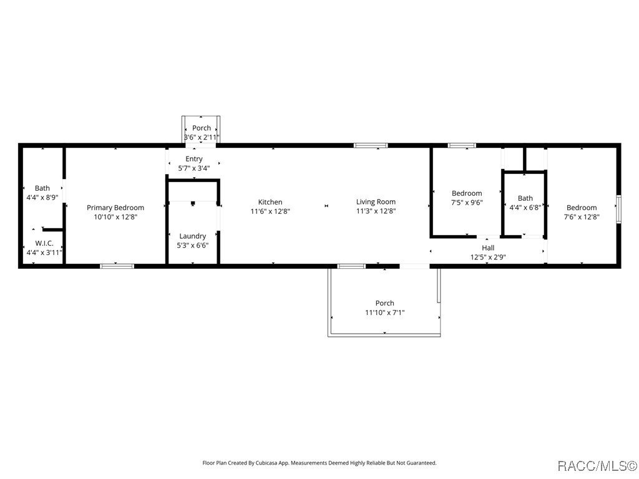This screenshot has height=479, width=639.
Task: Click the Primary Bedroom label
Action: pyautogui.click(x=115, y=208)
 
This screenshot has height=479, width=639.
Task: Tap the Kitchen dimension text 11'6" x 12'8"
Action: pyautogui.click(x=270, y=211)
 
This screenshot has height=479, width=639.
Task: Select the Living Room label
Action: pyautogui.click(x=376, y=201)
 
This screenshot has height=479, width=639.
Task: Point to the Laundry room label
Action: pyautogui.click(x=192, y=236)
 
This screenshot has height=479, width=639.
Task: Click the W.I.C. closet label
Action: pyautogui.click(x=44, y=243)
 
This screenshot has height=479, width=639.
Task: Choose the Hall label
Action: pyautogui.click(x=488, y=248)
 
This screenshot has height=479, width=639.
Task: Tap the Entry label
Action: pyautogui.click(x=193, y=159)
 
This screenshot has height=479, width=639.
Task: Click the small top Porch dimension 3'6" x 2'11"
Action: pyautogui.click(x=201, y=137)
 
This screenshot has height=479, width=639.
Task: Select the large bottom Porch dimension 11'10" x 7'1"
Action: pyautogui.click(x=384, y=312)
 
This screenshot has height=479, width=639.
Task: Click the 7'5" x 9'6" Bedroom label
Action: pyautogui.click(x=467, y=193)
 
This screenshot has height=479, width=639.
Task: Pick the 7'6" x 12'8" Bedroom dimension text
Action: pyautogui.click(x=582, y=217)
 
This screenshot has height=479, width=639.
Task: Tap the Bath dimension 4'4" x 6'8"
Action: pyautogui.click(x=525, y=208)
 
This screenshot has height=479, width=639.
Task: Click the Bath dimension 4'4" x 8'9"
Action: pyautogui.click(x=42, y=197)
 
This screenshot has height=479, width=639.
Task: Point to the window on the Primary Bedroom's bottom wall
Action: pyautogui.click(x=117, y=266)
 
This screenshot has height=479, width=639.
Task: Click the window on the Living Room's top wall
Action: pyautogui.click(x=371, y=145)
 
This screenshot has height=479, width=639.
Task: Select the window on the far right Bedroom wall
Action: pyautogui.click(x=618, y=209)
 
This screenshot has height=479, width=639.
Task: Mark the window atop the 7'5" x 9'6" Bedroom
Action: pyautogui.click(x=462, y=145)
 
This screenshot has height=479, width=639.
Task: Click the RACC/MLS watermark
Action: pyautogui.click(x=597, y=466)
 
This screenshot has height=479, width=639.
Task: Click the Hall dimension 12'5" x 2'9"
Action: pyautogui.click(x=488, y=257)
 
